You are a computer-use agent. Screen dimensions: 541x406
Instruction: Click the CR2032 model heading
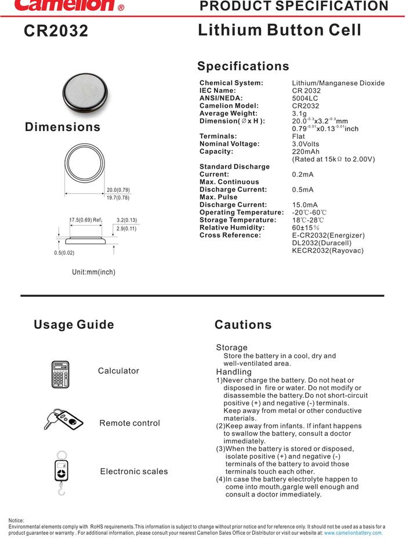(x=56, y=31)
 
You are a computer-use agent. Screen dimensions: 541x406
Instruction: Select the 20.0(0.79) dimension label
(x=118, y=190)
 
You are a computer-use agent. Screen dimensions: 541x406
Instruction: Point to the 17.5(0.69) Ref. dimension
(x=85, y=220)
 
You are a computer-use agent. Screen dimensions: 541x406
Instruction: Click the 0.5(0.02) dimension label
(x=64, y=253)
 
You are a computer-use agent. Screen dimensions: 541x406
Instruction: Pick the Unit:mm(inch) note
(x=93, y=272)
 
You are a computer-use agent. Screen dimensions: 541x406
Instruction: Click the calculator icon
(x=60, y=374)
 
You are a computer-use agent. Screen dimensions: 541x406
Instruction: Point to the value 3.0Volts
(x=305, y=144)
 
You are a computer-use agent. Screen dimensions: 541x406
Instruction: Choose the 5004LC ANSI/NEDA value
(x=304, y=99)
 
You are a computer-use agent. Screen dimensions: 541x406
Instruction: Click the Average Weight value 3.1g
(x=300, y=114)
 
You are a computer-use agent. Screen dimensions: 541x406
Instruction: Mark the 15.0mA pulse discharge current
(x=304, y=205)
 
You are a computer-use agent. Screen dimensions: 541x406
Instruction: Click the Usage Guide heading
(x=74, y=325)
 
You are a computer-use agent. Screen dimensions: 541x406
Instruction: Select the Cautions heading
(x=242, y=325)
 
